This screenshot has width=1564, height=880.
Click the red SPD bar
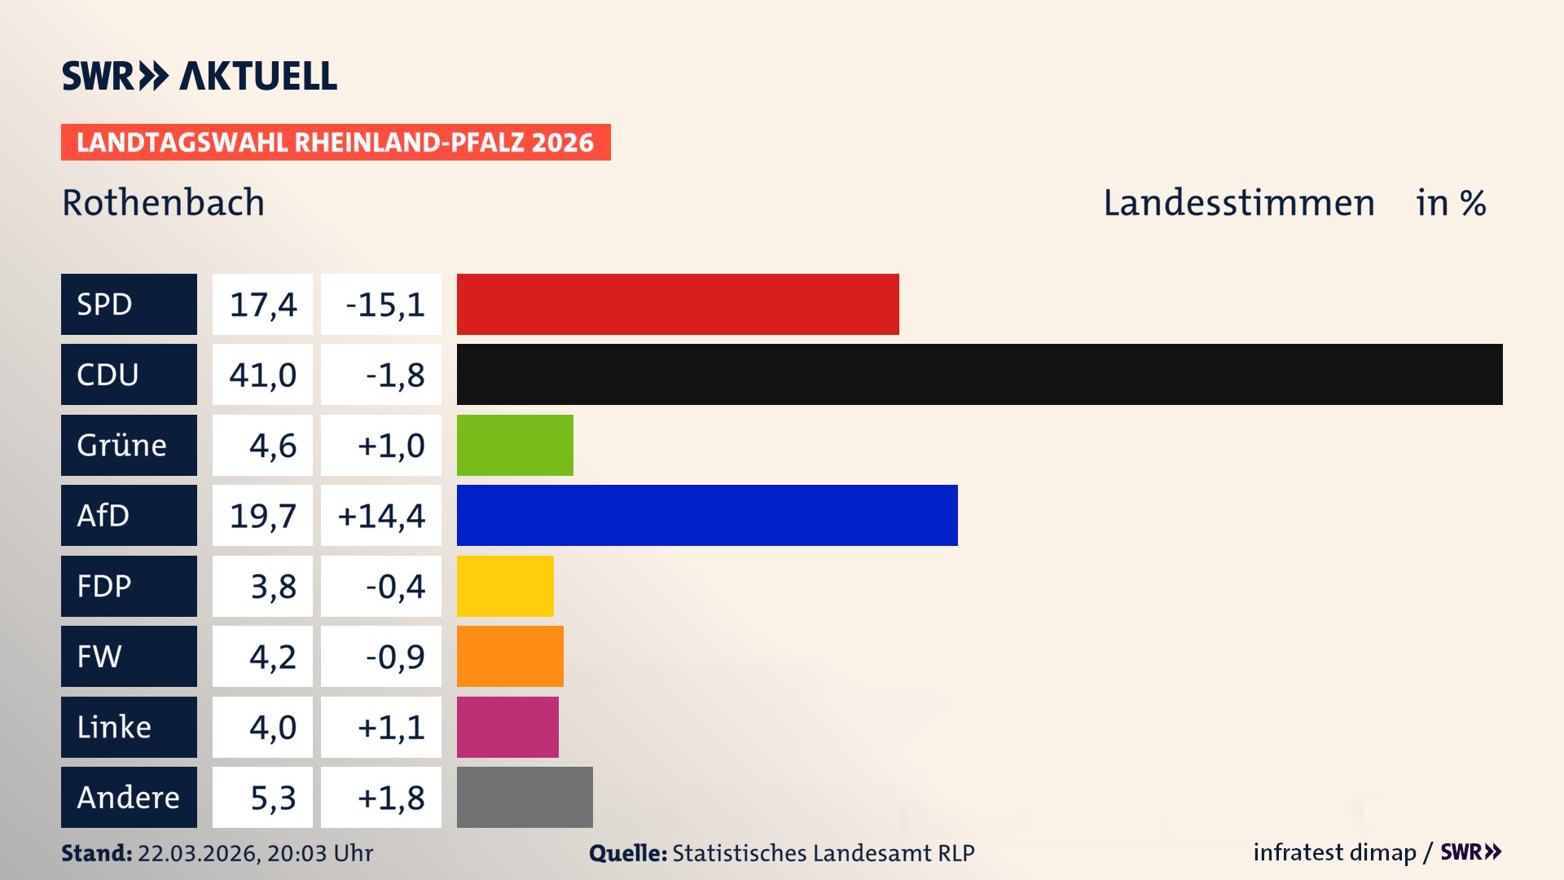[678, 304]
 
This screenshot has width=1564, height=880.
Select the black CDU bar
[979, 374]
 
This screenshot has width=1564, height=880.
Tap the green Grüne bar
[515, 445]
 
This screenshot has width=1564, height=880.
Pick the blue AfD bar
[707, 515]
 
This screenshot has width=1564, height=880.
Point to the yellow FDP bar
[505, 586]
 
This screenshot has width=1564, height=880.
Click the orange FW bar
[510, 656]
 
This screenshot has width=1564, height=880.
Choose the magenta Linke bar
[507, 727]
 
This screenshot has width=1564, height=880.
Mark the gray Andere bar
[525, 797]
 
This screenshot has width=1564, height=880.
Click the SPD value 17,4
[262, 304]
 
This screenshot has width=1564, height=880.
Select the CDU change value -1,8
[394, 375]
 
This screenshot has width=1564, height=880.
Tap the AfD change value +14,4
[381, 516]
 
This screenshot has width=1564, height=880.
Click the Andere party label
[129, 797]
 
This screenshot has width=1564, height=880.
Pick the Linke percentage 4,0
[272, 727]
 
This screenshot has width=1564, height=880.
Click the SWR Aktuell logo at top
[199, 76]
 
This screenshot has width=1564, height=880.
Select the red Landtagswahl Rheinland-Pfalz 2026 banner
[336, 143]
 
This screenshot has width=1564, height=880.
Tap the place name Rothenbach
[163, 203]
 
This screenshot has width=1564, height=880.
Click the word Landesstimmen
[1238, 203]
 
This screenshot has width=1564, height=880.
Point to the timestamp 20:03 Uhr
[319, 853]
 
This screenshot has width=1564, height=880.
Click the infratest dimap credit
[1334, 852]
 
